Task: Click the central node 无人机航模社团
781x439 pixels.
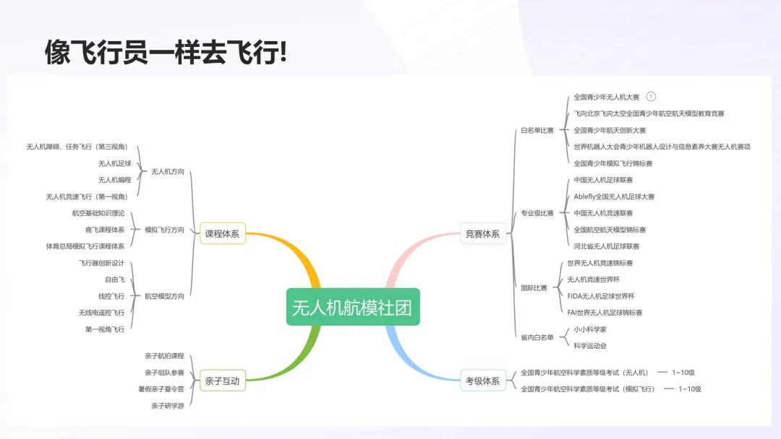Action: (x=353, y=307)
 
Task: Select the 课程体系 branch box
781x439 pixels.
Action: (x=222, y=234)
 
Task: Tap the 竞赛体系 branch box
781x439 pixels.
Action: (x=482, y=234)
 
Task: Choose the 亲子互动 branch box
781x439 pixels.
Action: (x=222, y=381)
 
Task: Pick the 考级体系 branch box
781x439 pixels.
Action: (x=482, y=381)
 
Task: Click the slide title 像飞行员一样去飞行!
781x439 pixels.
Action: (x=166, y=53)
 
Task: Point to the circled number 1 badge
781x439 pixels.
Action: (x=651, y=97)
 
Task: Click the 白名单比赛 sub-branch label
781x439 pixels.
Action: (x=537, y=131)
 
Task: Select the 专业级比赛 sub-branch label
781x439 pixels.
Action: (x=537, y=213)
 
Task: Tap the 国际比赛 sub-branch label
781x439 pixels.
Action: (x=534, y=288)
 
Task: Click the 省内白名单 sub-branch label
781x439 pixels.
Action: (x=537, y=337)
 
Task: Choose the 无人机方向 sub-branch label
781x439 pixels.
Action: (x=167, y=172)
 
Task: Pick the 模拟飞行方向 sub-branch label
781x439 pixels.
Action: (x=164, y=230)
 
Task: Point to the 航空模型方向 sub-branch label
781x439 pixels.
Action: (x=164, y=296)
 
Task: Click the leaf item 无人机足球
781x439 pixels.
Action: (x=115, y=163)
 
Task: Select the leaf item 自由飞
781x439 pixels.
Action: (x=115, y=279)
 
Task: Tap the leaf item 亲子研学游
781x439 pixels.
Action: (x=167, y=406)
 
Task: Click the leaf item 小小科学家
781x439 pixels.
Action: (x=590, y=329)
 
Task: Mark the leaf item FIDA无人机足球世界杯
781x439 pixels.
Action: (x=601, y=296)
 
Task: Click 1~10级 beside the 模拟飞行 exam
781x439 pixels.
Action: (x=689, y=389)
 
